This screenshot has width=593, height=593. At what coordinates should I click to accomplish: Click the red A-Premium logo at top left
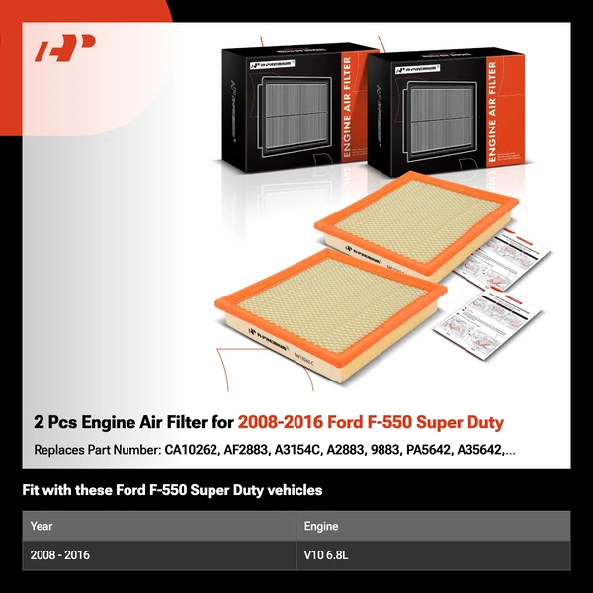(64, 48)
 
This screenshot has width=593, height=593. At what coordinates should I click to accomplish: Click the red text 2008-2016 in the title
(279, 423)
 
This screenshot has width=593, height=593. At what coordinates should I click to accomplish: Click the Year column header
(42, 526)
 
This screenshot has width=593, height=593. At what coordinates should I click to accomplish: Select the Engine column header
(321, 526)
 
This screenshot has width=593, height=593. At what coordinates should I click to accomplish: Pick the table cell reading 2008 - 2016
(59, 555)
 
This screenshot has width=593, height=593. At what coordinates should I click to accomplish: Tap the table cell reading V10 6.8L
(326, 555)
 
